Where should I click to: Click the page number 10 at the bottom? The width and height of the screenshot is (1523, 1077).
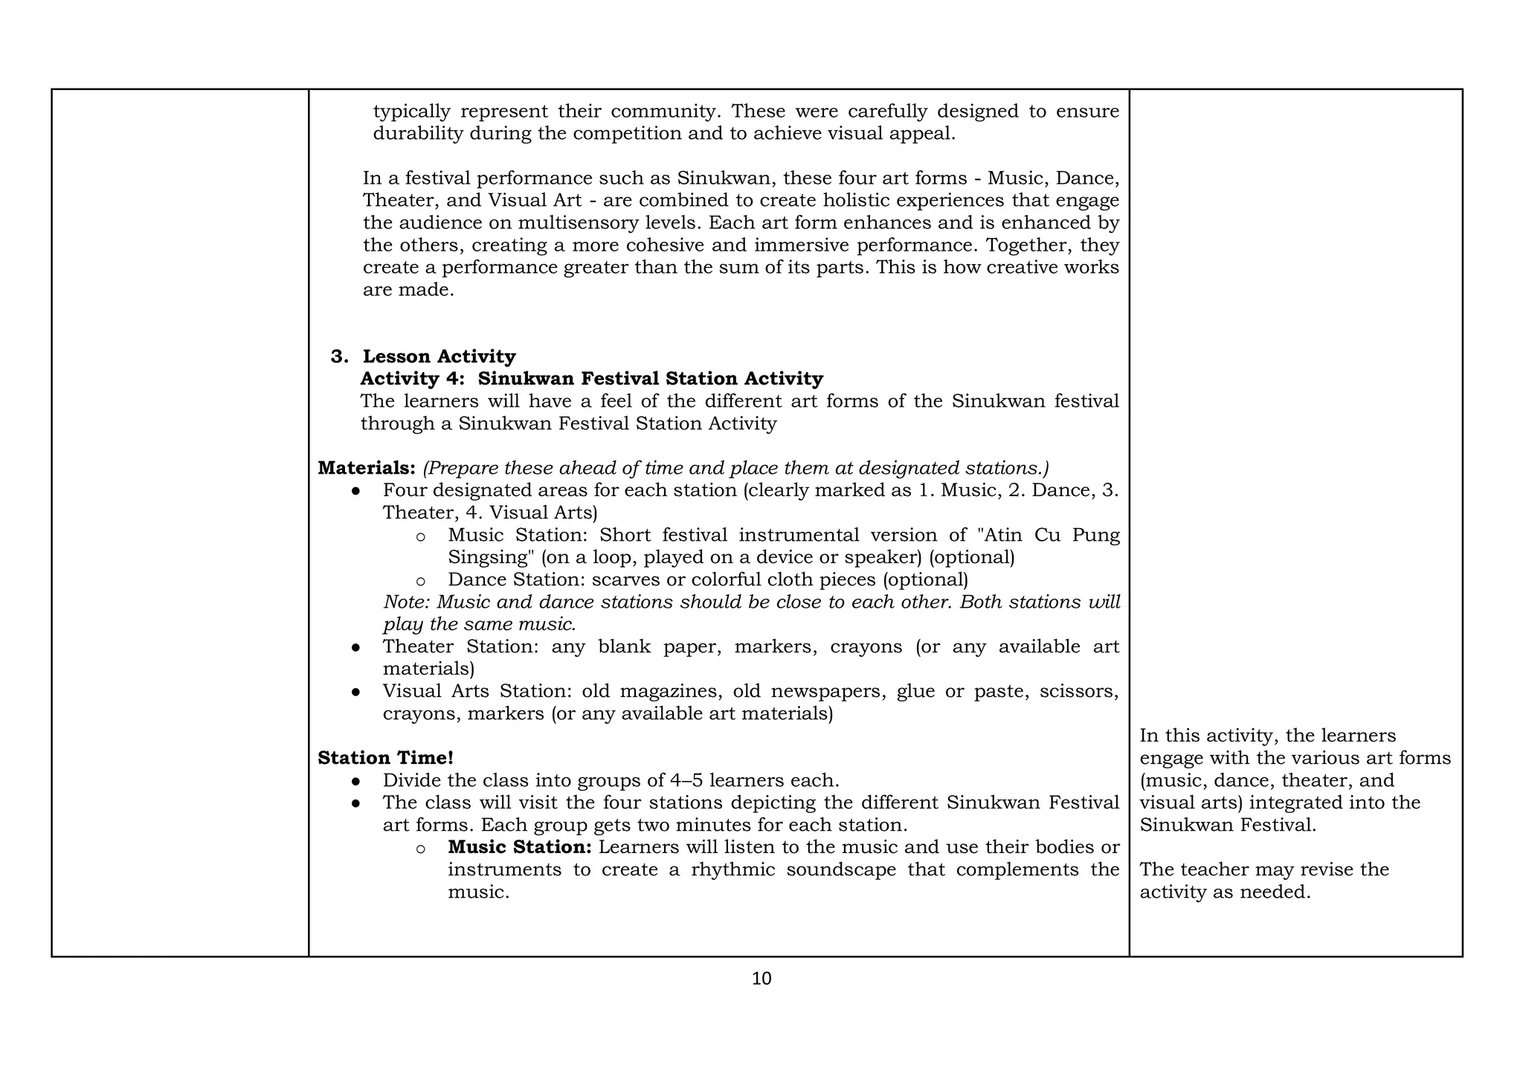pos(761,979)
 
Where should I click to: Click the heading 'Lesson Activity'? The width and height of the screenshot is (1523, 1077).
pos(439,356)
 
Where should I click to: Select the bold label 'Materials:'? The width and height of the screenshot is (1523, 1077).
pos(366,468)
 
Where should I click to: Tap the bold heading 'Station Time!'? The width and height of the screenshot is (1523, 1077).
pos(385,758)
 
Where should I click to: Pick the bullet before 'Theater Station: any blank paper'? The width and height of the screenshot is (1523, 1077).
pos(356,648)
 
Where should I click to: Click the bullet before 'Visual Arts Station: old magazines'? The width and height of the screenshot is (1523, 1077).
pos(356,692)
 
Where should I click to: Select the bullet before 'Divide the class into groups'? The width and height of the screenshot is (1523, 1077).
pos(356,782)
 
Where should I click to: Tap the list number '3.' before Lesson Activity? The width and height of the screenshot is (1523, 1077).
pos(339,356)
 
